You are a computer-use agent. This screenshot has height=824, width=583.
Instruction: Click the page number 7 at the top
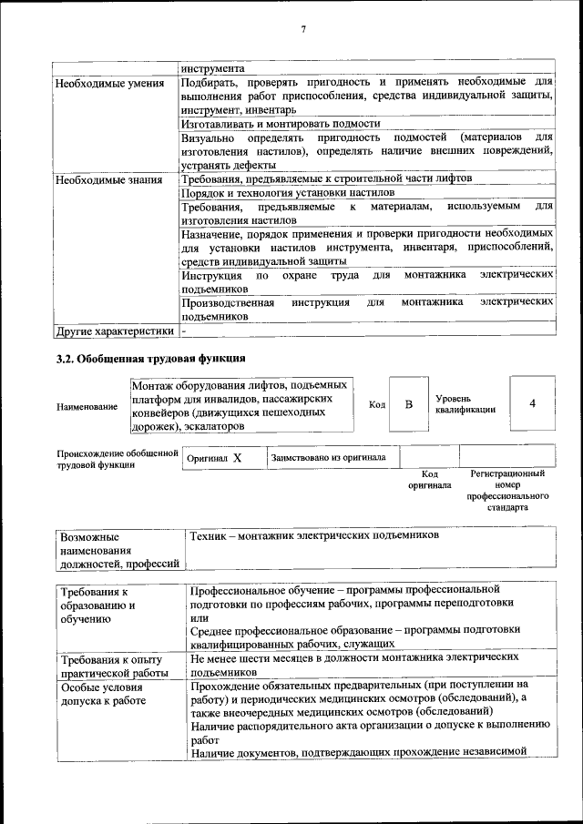pos(302,30)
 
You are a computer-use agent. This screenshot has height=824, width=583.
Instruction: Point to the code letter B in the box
pos(409,403)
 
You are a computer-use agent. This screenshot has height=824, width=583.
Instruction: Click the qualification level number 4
pos(532,403)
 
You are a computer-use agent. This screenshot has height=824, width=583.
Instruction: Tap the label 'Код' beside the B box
pos(376,404)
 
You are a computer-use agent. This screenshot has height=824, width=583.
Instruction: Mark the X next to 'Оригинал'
pos(237,459)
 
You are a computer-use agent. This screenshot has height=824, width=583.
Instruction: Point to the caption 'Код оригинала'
pos(429,480)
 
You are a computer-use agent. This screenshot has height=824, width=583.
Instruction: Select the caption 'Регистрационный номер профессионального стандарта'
pos(507,492)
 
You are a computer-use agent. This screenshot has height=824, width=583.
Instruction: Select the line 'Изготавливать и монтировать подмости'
pos(280,123)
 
